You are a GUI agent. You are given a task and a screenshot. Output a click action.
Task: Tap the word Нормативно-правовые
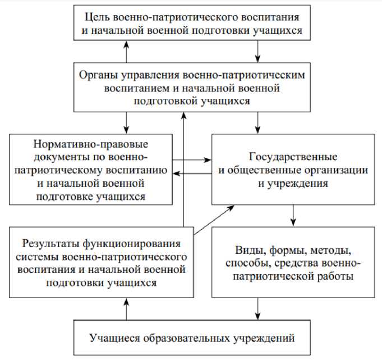click(90, 142)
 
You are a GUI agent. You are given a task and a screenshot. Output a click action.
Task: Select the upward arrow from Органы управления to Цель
click(127, 51)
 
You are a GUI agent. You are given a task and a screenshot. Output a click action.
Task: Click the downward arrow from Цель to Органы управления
click(257, 51)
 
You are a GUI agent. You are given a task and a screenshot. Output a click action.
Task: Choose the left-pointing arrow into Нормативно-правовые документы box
click(191, 174)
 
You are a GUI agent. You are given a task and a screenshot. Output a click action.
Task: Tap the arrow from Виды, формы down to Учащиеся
click(257, 308)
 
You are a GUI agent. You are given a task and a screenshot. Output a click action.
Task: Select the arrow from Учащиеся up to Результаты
click(127, 308)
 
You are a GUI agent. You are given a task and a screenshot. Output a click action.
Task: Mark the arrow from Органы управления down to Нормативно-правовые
click(127, 120)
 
